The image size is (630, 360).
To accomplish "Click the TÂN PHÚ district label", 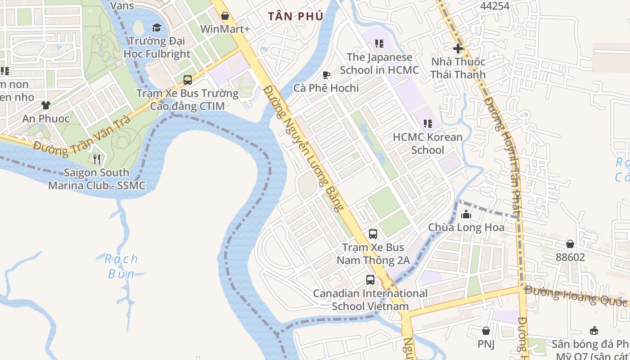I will (x=296, y=17).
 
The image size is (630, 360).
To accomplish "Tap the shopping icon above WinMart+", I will (x=225, y=16).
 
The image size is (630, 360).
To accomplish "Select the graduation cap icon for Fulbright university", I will (x=157, y=28).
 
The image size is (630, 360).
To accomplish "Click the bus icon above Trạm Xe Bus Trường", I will (x=188, y=80).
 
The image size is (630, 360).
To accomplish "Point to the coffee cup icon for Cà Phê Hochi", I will (x=326, y=75).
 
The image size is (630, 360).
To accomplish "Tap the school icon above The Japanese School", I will (x=379, y=44).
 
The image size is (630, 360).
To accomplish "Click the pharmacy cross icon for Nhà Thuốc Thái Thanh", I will (x=458, y=48).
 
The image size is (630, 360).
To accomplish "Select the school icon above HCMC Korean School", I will (x=427, y=123).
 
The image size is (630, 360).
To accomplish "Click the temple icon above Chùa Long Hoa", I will (x=466, y=214).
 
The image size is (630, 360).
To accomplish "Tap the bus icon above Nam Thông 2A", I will (x=373, y=234).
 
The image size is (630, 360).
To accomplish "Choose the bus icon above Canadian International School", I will (x=370, y=280).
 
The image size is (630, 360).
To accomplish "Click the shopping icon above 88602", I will (x=570, y=244).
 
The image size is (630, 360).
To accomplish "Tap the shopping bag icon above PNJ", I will (x=486, y=331).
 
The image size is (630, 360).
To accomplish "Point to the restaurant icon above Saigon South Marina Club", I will (x=96, y=159).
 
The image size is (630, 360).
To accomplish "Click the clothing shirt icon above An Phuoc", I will (x=46, y=105).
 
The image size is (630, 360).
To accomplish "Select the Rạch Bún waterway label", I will (x=121, y=266).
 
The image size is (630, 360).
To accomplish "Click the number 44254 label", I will (x=495, y=6).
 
